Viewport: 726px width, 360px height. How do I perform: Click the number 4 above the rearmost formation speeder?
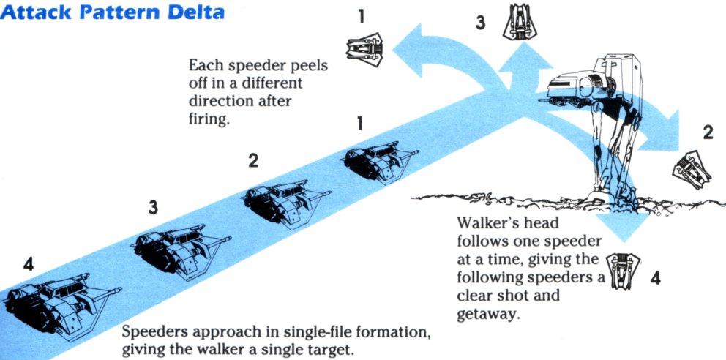click(28, 264)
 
